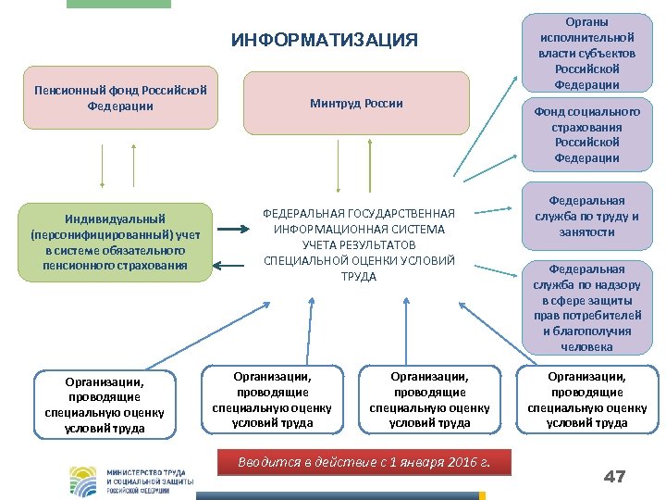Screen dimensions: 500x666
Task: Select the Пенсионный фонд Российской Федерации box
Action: click(x=120, y=97)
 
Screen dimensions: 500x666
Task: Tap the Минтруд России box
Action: click(x=356, y=102)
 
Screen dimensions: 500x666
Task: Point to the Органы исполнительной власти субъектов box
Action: click(x=587, y=52)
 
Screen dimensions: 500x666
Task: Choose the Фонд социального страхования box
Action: click(x=587, y=134)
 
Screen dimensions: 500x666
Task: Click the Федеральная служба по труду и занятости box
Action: click(x=587, y=216)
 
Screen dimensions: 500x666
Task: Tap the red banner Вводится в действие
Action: click(x=364, y=462)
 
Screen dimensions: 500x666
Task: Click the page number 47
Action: click(x=614, y=477)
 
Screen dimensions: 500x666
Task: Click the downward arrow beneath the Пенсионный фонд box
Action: click(x=103, y=167)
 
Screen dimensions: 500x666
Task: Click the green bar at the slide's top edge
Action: click(x=118, y=4)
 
